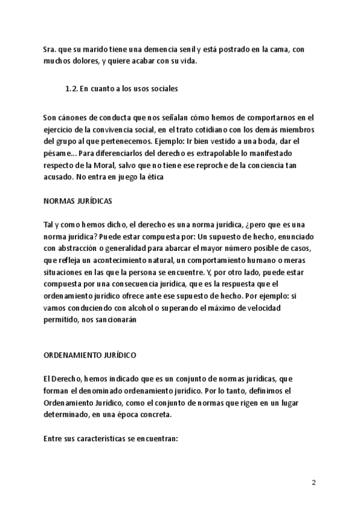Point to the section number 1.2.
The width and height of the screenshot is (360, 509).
(71, 88)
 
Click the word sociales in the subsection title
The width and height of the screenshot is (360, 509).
(162, 88)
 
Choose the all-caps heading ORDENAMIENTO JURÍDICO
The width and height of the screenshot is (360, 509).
(90, 355)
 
